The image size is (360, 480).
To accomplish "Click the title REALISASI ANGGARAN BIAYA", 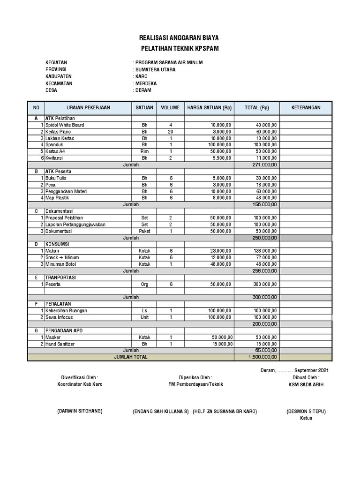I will [x=180, y=38].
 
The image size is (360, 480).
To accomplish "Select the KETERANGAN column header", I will [x=306, y=108].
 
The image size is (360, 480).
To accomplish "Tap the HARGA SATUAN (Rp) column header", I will [x=209, y=108].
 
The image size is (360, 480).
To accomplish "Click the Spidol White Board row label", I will [x=65, y=126].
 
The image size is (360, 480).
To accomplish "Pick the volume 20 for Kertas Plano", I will [x=170, y=132].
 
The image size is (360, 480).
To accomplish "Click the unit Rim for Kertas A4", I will [x=144, y=152].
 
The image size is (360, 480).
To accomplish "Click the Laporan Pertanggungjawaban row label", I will [x=75, y=225].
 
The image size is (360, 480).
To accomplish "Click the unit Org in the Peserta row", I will [x=144, y=285].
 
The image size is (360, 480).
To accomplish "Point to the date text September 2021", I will [x=311, y=370].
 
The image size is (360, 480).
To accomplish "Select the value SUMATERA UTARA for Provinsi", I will [x=156, y=69].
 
